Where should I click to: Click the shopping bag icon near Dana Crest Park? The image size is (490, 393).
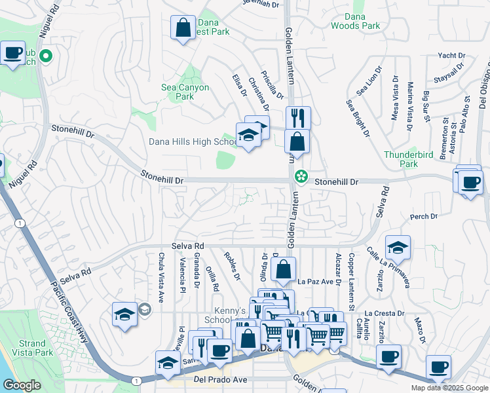[183, 28]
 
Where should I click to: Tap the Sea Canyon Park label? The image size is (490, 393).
[185, 92]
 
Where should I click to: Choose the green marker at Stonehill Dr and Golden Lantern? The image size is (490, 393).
[301, 176]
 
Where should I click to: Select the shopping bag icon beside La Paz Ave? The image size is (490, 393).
[283, 269]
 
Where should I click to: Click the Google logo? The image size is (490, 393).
[22, 385]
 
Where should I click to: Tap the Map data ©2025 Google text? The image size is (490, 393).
[449, 388]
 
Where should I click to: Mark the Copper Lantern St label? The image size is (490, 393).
[351, 274]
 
